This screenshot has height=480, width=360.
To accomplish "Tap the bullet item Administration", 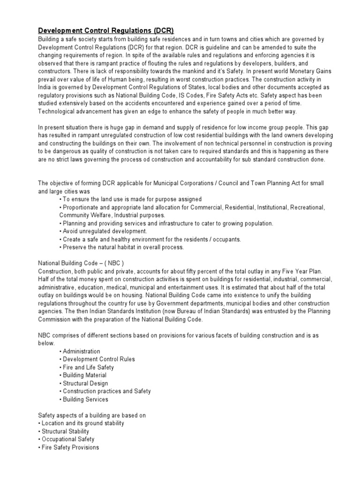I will tap(80, 351).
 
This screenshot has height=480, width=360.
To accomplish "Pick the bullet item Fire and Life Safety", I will tap(87, 367).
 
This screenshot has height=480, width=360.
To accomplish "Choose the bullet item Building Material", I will tap(83, 375).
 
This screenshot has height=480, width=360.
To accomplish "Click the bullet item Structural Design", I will tap(84, 383).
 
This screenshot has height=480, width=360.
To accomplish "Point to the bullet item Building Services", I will tap(84, 399).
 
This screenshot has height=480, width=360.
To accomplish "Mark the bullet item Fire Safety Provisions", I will tap(68, 447).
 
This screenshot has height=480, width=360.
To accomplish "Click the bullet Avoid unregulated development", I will tap(103, 231).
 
